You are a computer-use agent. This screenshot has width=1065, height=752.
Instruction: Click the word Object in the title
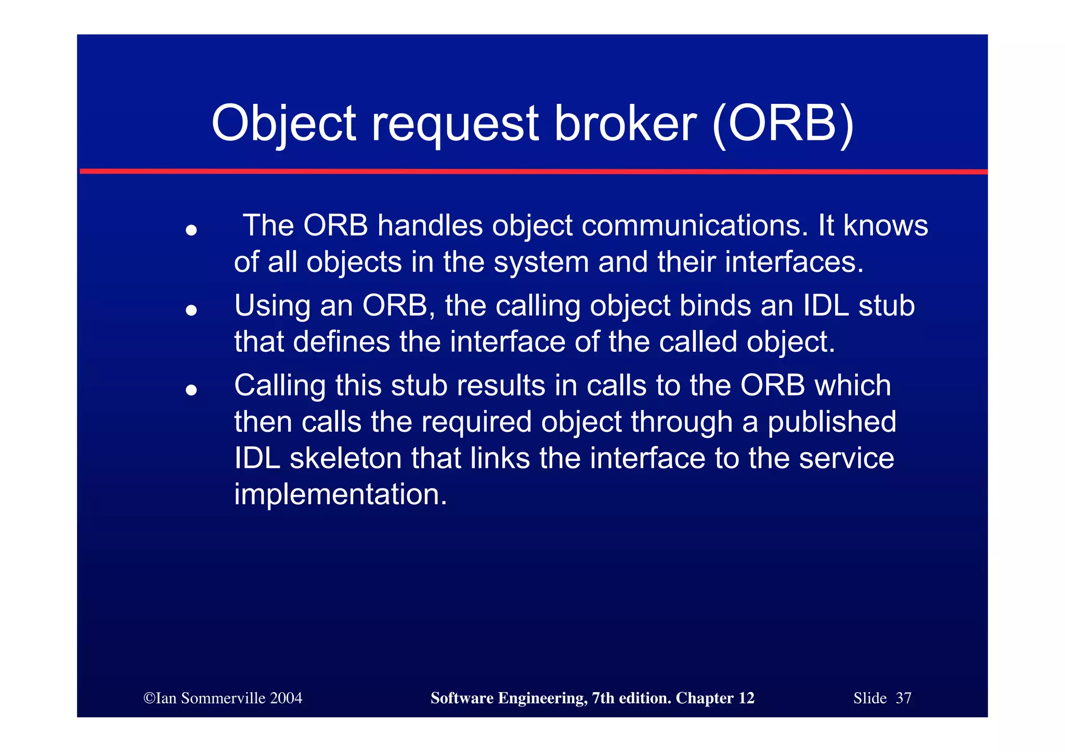284,124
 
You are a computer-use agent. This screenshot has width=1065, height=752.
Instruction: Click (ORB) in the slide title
782,124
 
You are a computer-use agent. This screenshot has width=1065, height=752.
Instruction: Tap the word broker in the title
625,124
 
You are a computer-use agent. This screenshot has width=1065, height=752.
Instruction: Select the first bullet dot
191,230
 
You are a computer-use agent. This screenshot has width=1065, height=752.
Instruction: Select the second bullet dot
191,310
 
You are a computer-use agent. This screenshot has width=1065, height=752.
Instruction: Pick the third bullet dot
191,390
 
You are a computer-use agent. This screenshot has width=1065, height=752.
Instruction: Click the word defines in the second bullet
342,342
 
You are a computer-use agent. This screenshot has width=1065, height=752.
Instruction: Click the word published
832,421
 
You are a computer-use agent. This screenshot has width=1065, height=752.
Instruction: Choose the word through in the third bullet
682,421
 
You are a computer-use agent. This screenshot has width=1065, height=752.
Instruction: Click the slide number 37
903,698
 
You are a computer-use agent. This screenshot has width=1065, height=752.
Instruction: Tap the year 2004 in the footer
286,698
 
